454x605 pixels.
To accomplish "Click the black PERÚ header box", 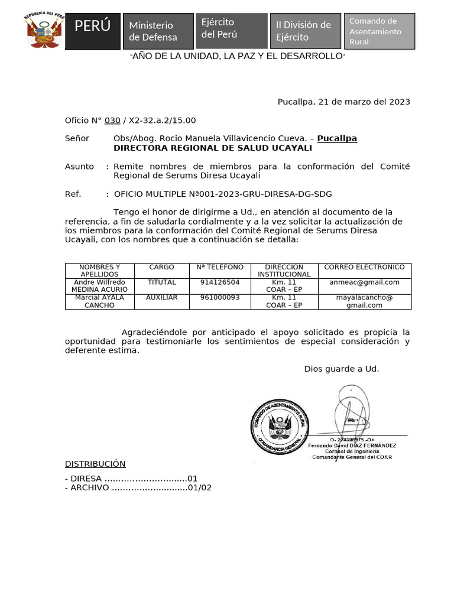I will (x=93, y=31).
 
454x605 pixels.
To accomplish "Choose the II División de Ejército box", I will (x=305, y=31).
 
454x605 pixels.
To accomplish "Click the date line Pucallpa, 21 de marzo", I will (x=343, y=102).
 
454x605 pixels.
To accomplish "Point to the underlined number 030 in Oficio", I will (x=112, y=121).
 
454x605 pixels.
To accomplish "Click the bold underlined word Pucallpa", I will (x=337, y=138).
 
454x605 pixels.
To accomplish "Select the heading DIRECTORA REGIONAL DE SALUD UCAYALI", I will (x=212, y=148).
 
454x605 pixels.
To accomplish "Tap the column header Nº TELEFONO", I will (x=220, y=267).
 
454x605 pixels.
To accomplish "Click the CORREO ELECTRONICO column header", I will (x=364, y=267).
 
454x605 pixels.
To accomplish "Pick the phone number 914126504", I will (x=220, y=282).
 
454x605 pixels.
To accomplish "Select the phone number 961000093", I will (x=220, y=298).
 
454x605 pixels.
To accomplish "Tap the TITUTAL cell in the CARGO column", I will (x=161, y=282).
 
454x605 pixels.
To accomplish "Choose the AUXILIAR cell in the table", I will (x=161, y=298).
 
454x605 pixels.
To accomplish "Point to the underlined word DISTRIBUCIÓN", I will (x=95, y=464).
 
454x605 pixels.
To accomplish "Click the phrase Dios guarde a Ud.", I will (x=342, y=369).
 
